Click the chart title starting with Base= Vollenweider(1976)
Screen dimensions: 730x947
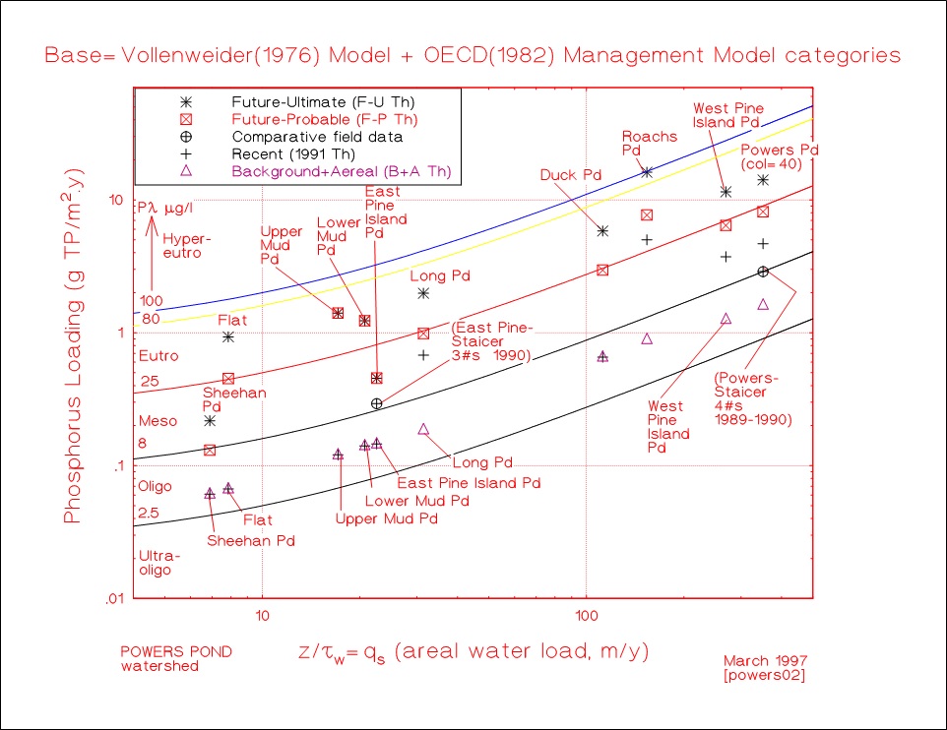(x=473, y=54)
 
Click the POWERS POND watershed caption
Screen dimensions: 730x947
(x=161, y=658)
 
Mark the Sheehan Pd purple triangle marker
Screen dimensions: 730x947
(x=210, y=494)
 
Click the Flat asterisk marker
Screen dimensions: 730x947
(x=228, y=336)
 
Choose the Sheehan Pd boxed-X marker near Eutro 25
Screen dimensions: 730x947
(x=228, y=379)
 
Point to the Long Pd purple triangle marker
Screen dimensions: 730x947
(x=423, y=429)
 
